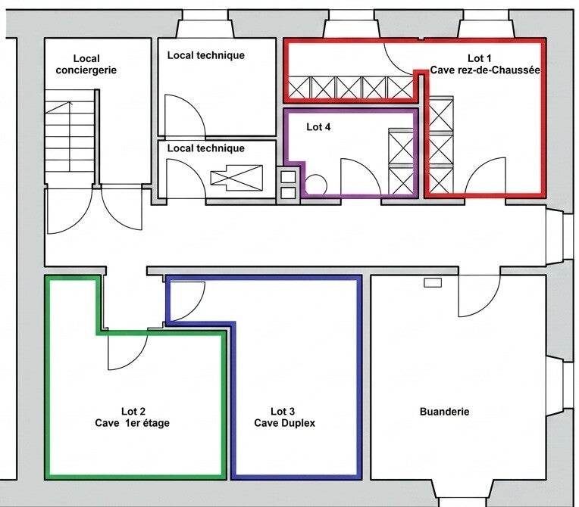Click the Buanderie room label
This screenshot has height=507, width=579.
tap(444, 412)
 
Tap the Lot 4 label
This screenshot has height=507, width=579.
tap(318, 127)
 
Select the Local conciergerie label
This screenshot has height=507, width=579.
tap(86, 64)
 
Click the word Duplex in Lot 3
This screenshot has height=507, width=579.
tap(299, 423)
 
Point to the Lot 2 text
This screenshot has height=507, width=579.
tap(133, 411)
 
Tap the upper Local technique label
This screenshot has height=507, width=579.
tap(205, 55)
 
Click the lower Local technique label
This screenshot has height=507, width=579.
tap(205, 148)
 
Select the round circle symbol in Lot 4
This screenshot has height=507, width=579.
tap(317, 184)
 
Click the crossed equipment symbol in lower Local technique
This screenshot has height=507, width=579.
tap(236, 178)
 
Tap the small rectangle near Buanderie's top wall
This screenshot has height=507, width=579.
tap(433, 283)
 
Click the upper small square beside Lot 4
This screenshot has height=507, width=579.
tap(288, 177)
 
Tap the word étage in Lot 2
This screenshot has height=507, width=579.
tap(156, 423)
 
